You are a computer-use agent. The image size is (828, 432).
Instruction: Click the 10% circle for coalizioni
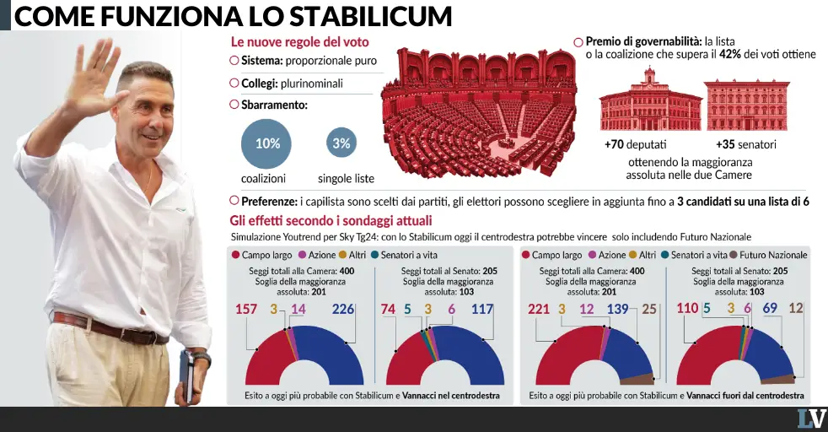[266, 143]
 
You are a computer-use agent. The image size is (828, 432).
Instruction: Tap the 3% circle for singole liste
[341, 143]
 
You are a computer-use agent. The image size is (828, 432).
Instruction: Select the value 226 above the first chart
[342, 309]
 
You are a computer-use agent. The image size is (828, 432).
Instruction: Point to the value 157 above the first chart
[246, 309]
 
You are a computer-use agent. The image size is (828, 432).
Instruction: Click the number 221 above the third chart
[539, 309]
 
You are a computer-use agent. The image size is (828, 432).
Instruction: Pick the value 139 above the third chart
[617, 309]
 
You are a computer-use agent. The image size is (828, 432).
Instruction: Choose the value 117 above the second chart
[482, 309]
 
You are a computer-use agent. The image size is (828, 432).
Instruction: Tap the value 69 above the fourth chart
[770, 308]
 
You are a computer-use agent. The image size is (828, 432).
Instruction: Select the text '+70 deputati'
[635, 144]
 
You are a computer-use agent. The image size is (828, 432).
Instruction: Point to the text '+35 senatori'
[746, 144]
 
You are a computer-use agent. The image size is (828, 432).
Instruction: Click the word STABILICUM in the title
[371, 16]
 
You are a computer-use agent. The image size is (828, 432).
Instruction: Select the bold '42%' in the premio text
[730, 54]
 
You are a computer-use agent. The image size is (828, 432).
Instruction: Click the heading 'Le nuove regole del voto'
[300, 42]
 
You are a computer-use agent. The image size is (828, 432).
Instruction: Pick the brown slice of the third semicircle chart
[637, 379]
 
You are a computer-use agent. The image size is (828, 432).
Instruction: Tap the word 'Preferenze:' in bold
[269, 202]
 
